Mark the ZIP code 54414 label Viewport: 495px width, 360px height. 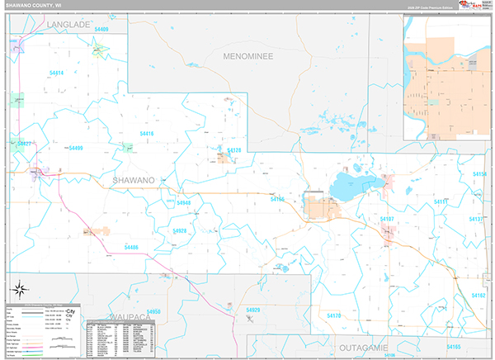pos(57,73)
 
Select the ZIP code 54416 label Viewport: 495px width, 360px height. pos(147,133)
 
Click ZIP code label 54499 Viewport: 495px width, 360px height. pos(76,148)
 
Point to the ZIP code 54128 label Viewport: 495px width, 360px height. pos(234,150)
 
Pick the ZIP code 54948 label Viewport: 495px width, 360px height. pos(183,202)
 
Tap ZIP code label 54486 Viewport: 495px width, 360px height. pos(131,247)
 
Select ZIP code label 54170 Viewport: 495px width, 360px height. pos(334,315)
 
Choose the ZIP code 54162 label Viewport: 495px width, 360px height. pos(478,295)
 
